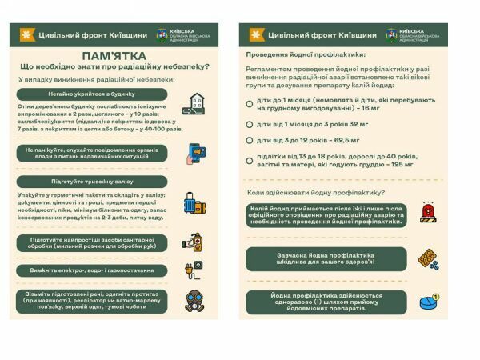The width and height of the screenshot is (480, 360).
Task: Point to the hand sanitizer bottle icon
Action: coord(194,241)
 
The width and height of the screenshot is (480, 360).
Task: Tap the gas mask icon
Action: coord(194,301)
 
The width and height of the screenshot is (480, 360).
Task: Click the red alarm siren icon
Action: coord(428,214)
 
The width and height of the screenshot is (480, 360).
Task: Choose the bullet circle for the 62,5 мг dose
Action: coord(250,140)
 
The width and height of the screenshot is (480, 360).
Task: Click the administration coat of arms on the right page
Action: coord(392,35)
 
